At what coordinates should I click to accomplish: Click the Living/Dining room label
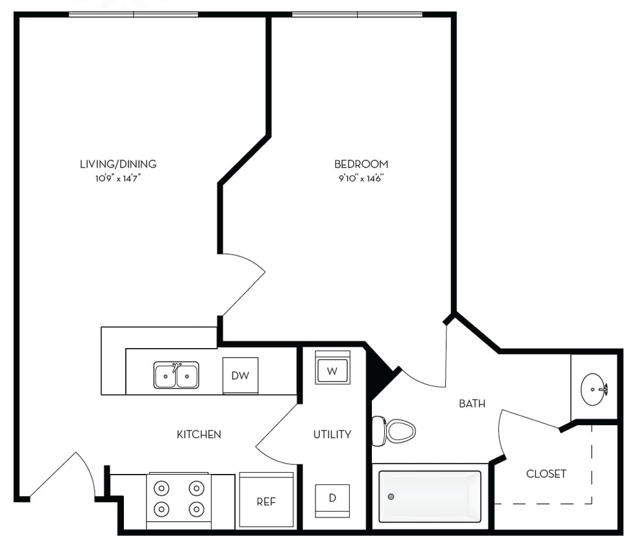[118, 164]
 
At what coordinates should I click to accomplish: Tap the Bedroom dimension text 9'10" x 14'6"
[361, 177]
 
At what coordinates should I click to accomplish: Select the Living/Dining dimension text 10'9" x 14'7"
[118, 177]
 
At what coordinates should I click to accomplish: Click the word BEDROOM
[361, 164]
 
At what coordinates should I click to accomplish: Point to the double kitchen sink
[177, 375]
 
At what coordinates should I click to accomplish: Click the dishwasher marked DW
[240, 375]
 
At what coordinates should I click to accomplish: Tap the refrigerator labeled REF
[266, 501]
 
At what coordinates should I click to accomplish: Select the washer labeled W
[332, 371]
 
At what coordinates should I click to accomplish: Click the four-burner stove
[178, 498]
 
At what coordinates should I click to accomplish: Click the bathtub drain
[391, 497]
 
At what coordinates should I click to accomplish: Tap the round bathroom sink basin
[593, 389]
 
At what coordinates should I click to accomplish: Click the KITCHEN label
[199, 434]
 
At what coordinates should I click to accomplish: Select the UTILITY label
[332, 434]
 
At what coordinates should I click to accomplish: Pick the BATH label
[472, 403]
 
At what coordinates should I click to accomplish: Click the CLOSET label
[546, 474]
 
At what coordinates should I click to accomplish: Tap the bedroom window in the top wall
[357, 14]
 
